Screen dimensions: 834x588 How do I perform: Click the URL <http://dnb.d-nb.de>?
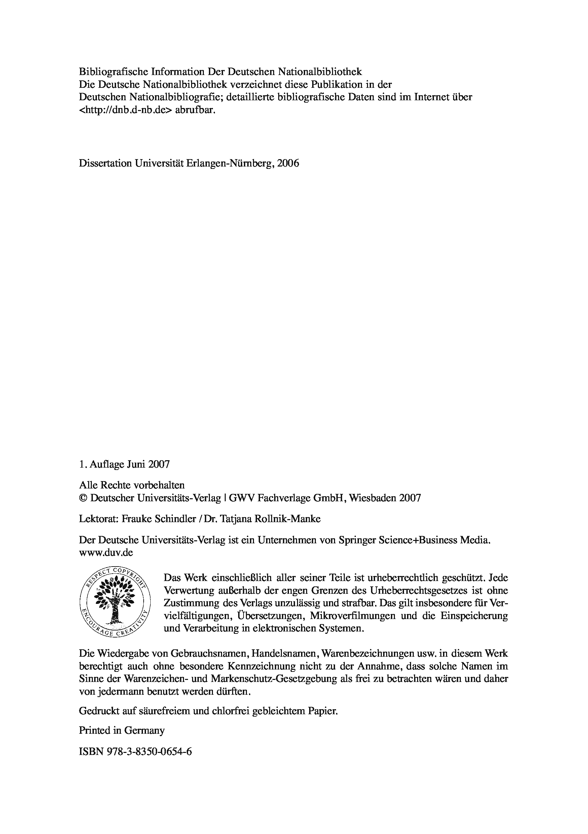125,110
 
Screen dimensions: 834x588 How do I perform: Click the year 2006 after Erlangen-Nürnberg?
288,164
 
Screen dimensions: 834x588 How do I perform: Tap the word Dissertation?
105,164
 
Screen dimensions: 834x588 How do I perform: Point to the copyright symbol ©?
83,498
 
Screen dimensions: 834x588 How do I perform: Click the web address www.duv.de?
106,552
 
